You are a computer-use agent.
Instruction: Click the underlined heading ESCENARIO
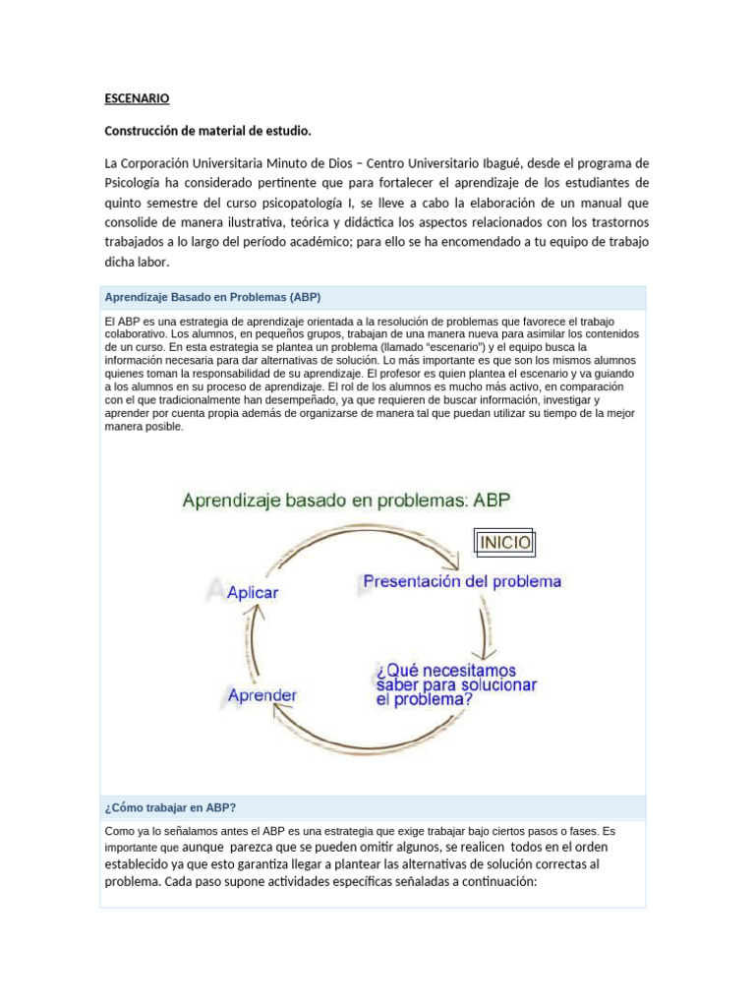coord(137,98)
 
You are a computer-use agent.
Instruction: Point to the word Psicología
coord(138,182)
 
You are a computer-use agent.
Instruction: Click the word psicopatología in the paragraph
coord(354,202)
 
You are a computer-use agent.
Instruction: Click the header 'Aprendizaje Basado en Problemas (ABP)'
coord(212,297)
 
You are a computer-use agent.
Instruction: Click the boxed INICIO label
coord(504,542)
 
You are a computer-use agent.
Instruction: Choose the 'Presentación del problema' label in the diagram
coord(462,581)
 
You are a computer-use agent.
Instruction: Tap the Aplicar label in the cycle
coord(253,593)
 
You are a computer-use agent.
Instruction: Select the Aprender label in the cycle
coord(261,694)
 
